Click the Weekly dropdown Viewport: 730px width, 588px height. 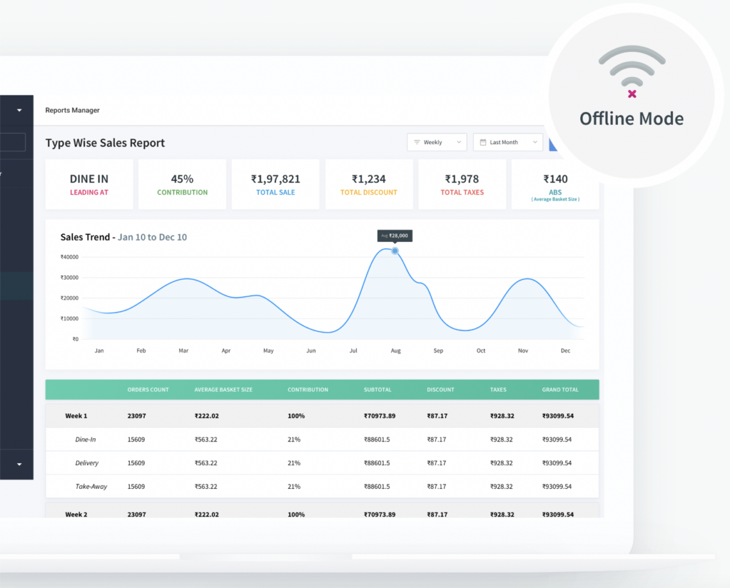click(x=437, y=142)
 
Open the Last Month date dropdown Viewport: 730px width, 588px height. click(x=508, y=142)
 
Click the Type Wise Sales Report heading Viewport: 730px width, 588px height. click(x=105, y=143)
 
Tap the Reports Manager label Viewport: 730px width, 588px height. click(x=72, y=110)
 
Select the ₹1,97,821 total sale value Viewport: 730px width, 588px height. click(x=275, y=179)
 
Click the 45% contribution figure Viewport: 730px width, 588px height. click(x=182, y=179)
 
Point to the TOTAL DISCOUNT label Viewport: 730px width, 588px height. click(x=369, y=193)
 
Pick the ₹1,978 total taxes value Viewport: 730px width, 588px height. click(x=462, y=179)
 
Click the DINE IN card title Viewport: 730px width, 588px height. click(x=89, y=179)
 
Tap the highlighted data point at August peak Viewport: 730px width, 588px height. click(x=395, y=251)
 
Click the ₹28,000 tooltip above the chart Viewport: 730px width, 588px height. click(x=394, y=235)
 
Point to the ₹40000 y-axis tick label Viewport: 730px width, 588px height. click(x=69, y=257)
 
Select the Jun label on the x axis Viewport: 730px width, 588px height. click(x=311, y=351)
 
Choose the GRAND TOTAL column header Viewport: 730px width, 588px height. click(x=560, y=390)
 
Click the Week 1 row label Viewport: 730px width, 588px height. click(x=76, y=416)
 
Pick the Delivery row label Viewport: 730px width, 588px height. click(x=86, y=463)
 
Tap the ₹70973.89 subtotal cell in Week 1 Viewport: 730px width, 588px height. click(x=379, y=416)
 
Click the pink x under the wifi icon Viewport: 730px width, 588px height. click(x=632, y=94)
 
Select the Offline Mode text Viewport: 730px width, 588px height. click(x=631, y=119)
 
